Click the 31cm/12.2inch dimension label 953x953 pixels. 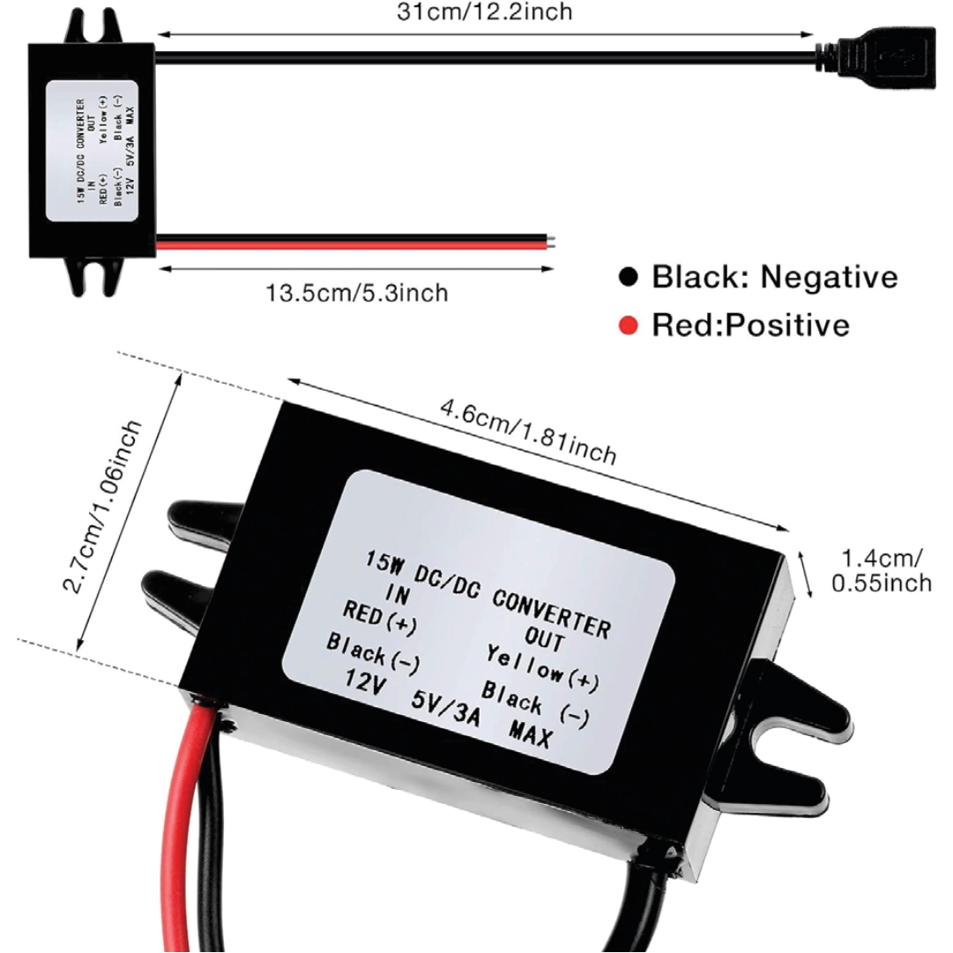486,11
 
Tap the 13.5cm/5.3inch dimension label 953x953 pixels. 357,293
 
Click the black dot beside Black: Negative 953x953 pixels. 628,277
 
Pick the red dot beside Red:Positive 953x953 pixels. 628,326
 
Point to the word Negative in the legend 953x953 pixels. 830,277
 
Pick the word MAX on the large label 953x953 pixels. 530,733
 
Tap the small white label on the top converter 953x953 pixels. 97,152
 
